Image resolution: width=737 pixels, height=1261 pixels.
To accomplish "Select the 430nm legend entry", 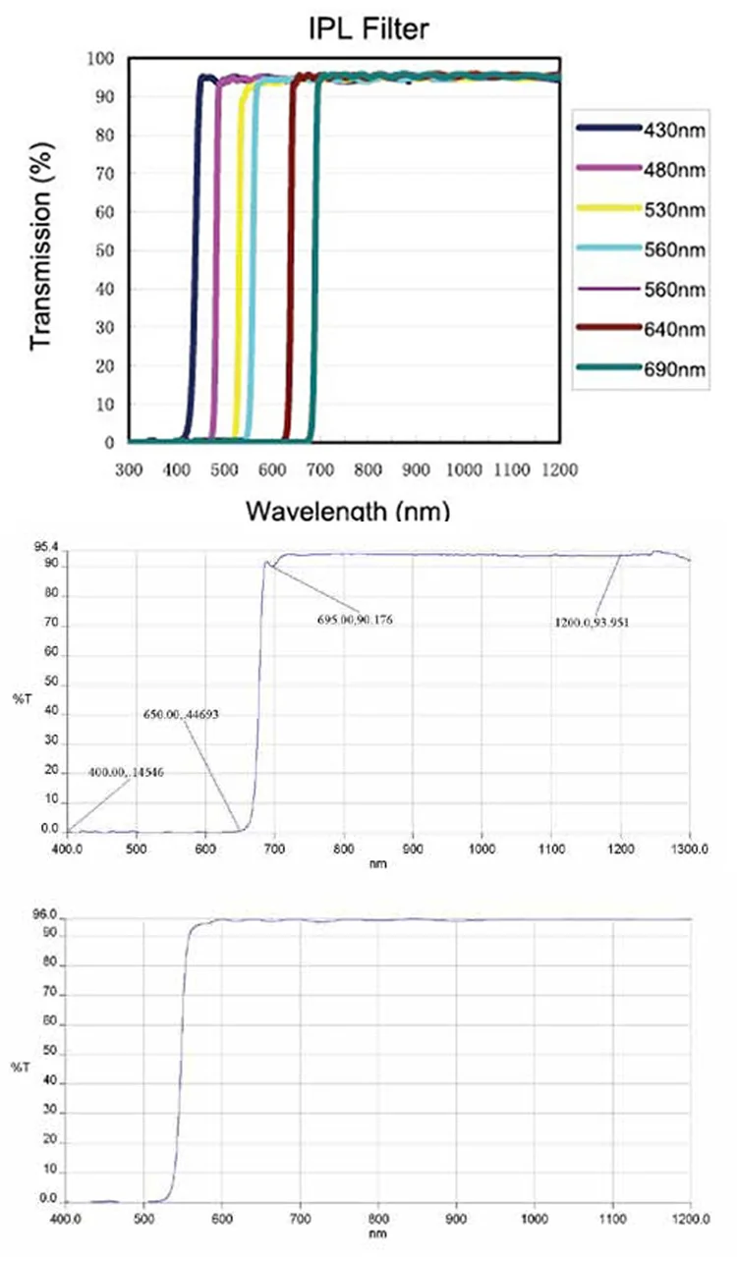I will [x=643, y=129].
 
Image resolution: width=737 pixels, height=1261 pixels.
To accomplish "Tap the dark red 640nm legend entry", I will [x=643, y=330].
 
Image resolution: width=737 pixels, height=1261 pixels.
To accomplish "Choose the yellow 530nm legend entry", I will [x=643, y=209].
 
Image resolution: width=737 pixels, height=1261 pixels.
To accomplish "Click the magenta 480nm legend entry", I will [x=643, y=169].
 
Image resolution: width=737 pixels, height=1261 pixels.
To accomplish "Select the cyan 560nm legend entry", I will [x=643, y=249].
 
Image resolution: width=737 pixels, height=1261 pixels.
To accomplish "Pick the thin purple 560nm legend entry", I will [x=643, y=290].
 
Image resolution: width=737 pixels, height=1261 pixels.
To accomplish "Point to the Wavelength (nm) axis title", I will [x=348, y=511].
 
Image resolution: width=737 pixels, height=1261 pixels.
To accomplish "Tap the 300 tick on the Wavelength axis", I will [x=129, y=470].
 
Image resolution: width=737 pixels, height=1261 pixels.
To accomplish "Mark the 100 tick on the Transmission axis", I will [x=101, y=59].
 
